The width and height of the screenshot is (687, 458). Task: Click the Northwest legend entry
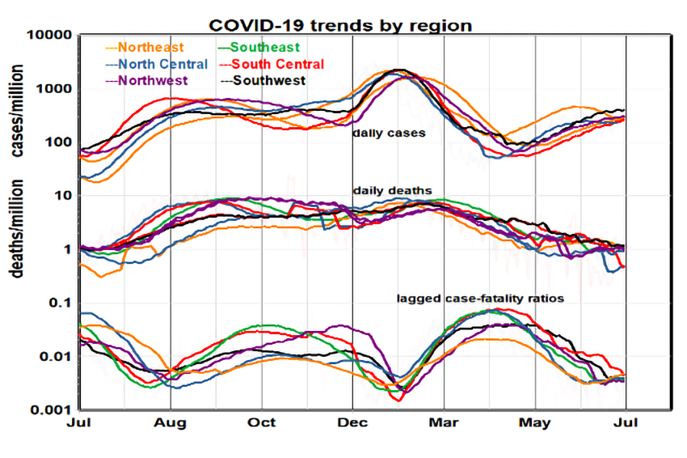[153, 80]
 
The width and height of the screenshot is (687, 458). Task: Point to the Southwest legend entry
[264, 80]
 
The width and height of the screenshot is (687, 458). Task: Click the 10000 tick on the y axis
[50, 36]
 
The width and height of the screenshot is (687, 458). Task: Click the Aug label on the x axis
[171, 423]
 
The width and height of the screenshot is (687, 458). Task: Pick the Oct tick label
[262, 423]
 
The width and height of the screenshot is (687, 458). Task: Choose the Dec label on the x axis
[353, 423]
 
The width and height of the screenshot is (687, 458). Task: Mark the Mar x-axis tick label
[445, 423]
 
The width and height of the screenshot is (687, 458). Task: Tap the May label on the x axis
[536, 423]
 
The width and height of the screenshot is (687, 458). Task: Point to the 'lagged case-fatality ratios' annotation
[479, 299]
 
